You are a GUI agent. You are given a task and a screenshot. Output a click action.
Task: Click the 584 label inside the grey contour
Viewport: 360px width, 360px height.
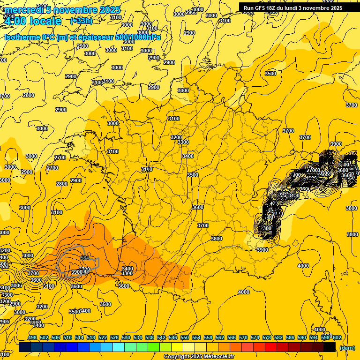point(85,258)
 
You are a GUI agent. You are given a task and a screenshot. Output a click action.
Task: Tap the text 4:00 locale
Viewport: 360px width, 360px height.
point(33,21)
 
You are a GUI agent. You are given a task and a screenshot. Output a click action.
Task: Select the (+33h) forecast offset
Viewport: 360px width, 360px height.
point(81,21)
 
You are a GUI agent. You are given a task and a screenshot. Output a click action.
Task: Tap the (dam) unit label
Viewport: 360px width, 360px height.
point(346,348)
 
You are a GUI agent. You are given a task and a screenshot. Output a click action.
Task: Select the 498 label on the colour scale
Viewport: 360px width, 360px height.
point(32,337)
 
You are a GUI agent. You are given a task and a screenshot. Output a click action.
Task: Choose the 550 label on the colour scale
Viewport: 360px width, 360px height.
point(185,337)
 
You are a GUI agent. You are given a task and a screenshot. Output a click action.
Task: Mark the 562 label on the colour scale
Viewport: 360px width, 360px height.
point(220,337)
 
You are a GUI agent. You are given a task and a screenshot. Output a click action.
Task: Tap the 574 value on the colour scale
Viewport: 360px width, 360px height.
point(255,337)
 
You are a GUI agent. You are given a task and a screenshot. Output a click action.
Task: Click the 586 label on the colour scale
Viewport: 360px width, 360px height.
point(290,337)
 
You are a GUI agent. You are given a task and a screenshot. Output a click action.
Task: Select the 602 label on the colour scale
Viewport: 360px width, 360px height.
point(336,337)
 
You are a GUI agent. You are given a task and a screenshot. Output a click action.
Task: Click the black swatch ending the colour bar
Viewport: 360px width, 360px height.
point(330,347)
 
